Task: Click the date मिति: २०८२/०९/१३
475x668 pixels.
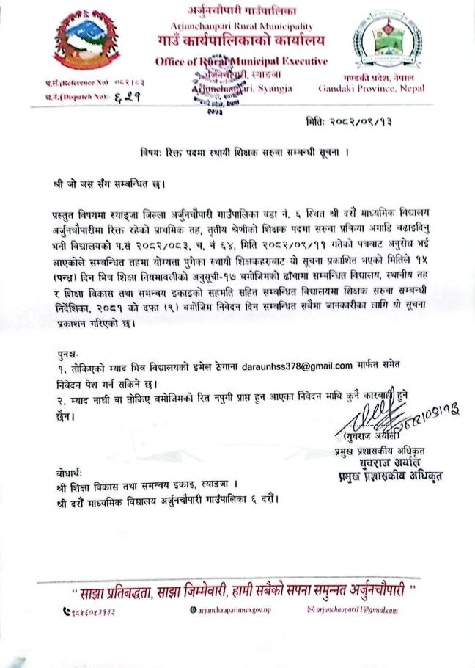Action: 352,121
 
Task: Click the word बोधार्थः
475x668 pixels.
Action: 73,471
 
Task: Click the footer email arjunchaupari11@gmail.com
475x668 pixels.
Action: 356,611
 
